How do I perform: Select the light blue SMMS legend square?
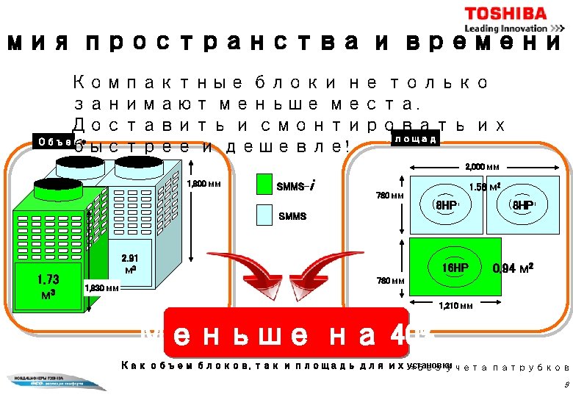(x=264, y=215)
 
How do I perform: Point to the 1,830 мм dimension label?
(x=102, y=288)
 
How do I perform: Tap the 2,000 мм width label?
(x=483, y=166)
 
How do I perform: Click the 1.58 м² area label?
(x=486, y=187)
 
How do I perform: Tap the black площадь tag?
(x=414, y=138)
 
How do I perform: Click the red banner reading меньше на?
(x=286, y=332)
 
